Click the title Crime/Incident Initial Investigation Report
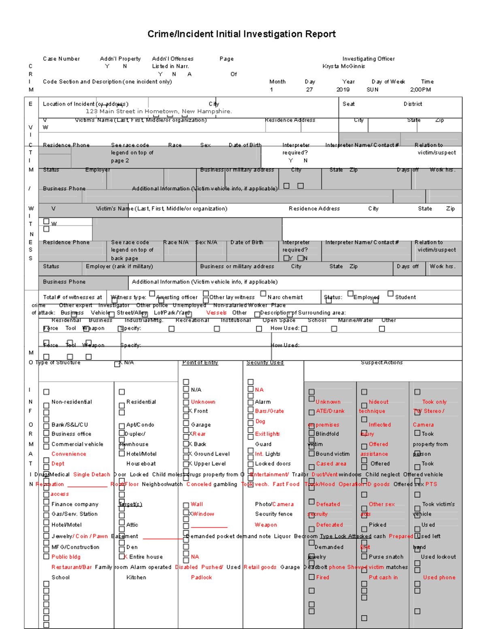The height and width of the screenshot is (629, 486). tap(241, 34)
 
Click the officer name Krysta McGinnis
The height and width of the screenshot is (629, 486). tap(343, 66)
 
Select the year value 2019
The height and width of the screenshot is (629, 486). tap(343, 90)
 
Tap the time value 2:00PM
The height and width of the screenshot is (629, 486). tap(420, 90)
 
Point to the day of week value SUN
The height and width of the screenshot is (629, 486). tap(372, 90)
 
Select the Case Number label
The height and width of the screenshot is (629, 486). tap(61, 59)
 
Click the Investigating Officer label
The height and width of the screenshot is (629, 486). tap(368, 59)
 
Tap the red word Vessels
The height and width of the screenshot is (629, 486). tap(216, 313)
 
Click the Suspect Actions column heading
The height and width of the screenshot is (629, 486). tap(382, 362)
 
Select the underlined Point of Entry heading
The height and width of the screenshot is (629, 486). tap(200, 362)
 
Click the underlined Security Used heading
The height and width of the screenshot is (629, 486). tap(265, 362)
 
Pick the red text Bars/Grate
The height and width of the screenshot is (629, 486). tap(269, 411)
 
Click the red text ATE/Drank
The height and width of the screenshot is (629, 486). tap(330, 411)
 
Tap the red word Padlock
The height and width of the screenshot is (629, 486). tap(201, 577)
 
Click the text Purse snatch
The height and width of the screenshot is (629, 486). tap(386, 557)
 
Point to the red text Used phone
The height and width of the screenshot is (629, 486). tap(439, 577)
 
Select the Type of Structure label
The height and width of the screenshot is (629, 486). tap(58, 362)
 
